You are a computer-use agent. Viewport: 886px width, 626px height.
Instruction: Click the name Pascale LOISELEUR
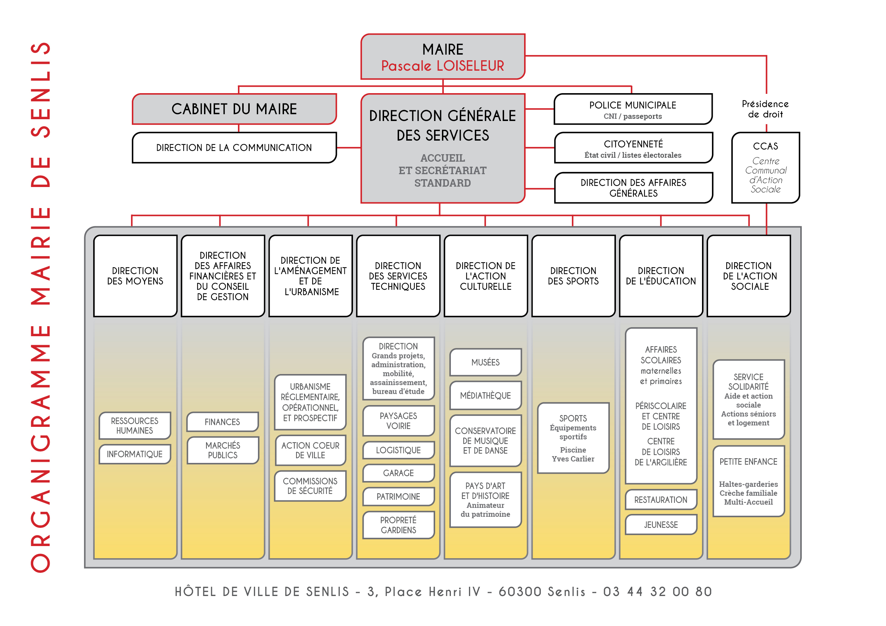click(443, 66)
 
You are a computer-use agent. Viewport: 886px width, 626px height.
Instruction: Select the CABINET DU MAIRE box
click(234, 109)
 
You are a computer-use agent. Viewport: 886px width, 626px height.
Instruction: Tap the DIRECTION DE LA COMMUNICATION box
click(234, 148)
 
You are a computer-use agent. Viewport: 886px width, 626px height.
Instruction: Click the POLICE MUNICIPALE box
click(633, 110)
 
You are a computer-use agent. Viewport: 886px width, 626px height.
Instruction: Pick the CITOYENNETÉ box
click(633, 148)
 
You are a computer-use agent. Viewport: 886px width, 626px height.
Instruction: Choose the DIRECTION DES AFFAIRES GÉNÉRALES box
click(633, 188)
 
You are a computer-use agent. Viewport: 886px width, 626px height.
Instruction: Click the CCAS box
click(766, 168)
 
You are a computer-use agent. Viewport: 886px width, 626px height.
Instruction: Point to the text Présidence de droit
click(765, 109)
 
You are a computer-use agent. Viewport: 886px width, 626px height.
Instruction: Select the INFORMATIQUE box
click(135, 454)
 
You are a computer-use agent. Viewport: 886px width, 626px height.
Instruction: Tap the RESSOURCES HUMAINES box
click(135, 425)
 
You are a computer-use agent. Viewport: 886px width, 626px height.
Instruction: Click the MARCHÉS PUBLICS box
click(223, 450)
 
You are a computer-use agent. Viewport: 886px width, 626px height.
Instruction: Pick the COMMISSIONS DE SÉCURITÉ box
click(310, 486)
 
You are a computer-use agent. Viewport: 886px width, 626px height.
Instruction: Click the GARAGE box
click(398, 473)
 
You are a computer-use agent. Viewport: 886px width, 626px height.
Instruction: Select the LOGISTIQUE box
click(398, 450)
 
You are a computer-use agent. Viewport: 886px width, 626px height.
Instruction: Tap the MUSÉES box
click(486, 362)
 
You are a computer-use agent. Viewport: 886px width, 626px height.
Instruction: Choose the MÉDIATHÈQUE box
click(486, 395)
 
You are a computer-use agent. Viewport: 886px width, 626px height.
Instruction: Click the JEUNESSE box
click(661, 525)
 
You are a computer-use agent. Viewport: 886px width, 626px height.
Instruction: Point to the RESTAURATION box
click(661, 500)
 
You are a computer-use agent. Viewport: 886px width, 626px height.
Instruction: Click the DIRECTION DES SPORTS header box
click(573, 276)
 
